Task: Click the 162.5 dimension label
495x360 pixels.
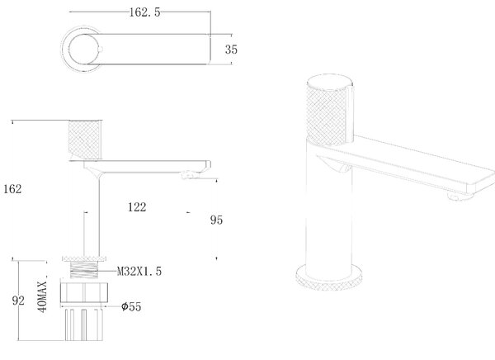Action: pyautogui.click(x=144, y=12)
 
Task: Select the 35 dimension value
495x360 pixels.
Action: pyautogui.click(x=231, y=50)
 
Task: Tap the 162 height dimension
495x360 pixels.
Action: pyautogui.click(x=12, y=189)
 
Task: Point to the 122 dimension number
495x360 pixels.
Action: pyautogui.click(x=137, y=207)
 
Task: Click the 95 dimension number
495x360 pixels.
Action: pyautogui.click(x=216, y=220)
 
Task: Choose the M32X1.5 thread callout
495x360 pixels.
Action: pyautogui.click(x=139, y=271)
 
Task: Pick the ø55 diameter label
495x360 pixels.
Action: pyautogui.click(x=131, y=306)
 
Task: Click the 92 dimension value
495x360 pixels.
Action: pyautogui.click(x=18, y=301)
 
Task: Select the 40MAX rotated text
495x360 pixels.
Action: pyautogui.click(x=43, y=296)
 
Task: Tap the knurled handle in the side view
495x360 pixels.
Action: pyautogui.click(x=85, y=140)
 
